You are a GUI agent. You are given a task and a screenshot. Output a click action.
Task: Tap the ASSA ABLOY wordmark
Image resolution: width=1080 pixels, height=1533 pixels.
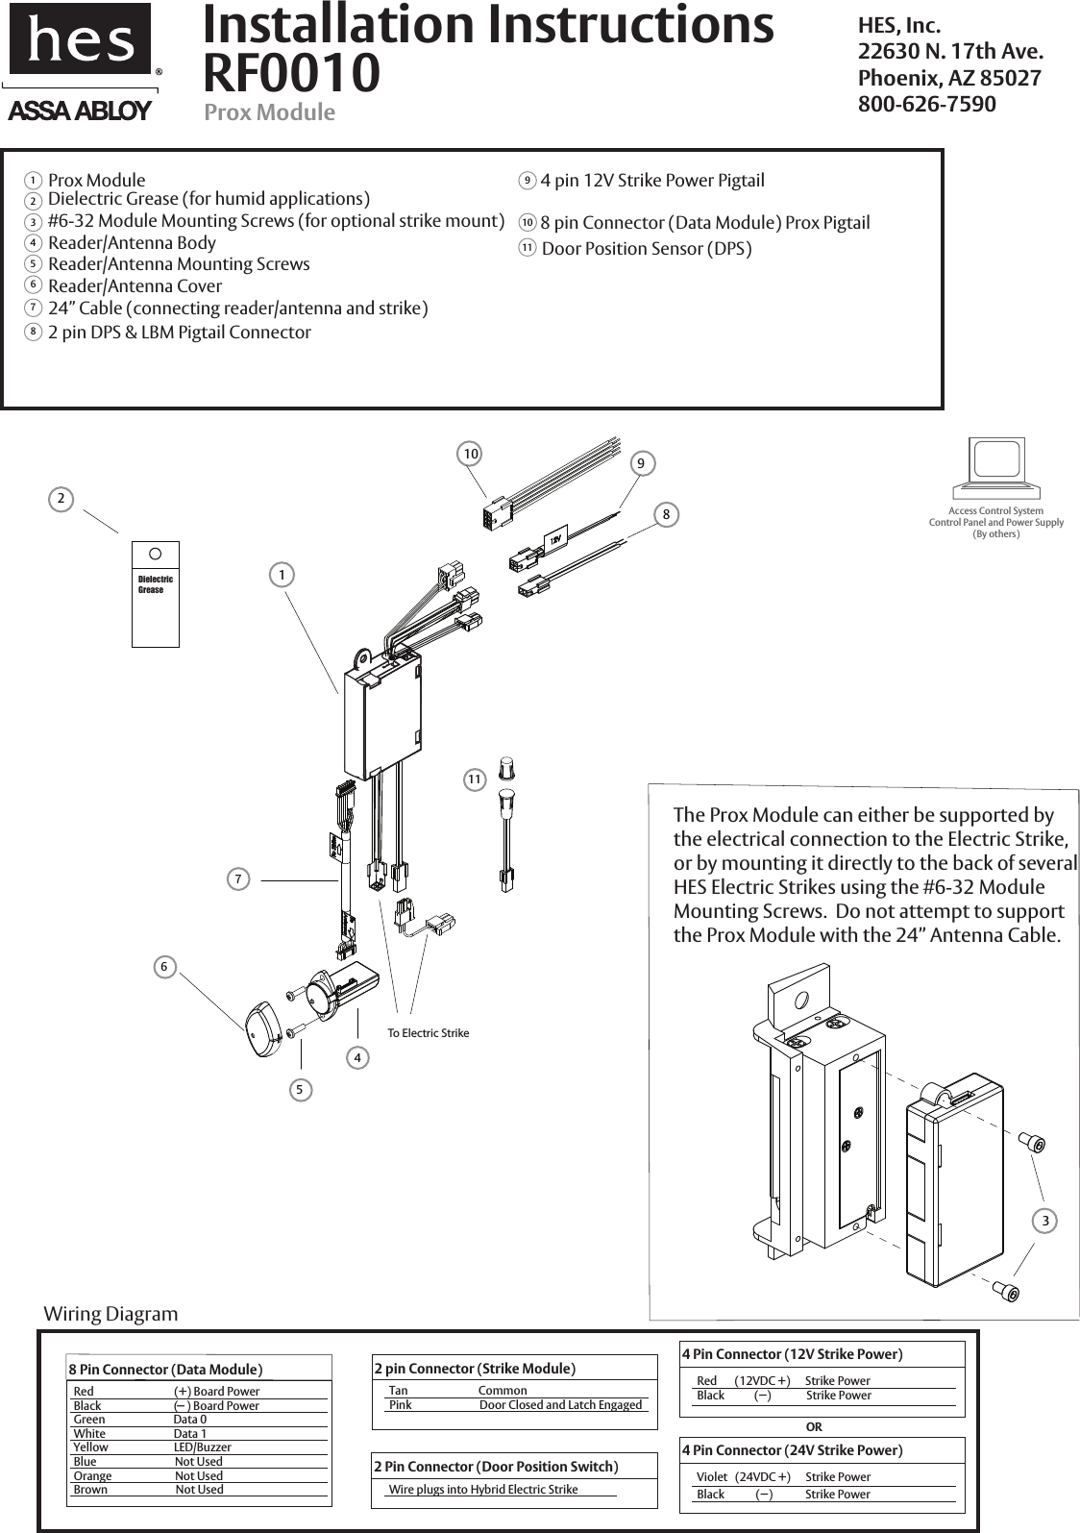(80, 111)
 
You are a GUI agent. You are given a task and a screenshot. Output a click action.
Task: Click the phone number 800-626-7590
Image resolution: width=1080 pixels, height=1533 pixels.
(926, 103)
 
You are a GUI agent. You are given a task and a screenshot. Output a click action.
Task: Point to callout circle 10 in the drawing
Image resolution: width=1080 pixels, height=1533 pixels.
(469, 453)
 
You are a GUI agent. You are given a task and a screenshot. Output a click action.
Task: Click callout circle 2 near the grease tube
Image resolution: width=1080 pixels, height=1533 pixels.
(61, 499)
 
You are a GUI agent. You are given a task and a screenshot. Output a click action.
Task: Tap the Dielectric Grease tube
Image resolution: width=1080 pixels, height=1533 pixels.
(156, 594)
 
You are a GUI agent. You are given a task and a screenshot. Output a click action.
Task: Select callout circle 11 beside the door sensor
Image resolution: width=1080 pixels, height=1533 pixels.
(474, 779)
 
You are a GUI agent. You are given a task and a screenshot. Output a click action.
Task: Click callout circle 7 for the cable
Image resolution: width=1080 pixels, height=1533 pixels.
(238, 878)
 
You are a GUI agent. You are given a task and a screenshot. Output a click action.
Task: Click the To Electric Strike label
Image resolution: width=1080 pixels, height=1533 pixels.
(428, 1033)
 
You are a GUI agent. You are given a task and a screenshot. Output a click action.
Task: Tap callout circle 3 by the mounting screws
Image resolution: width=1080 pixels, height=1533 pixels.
(1044, 1221)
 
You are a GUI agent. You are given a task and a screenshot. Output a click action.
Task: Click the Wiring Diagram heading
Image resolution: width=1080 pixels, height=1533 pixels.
(110, 1314)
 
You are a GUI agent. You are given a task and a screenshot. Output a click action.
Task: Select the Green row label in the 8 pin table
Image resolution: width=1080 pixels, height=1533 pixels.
(89, 1420)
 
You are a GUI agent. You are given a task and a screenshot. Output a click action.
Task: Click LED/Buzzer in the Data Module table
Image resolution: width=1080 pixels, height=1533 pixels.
(202, 1446)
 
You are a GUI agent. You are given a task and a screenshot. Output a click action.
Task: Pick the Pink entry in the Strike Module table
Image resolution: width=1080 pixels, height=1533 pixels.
(401, 1405)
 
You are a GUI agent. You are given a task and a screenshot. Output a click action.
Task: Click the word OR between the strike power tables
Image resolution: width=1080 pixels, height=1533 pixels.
(814, 1427)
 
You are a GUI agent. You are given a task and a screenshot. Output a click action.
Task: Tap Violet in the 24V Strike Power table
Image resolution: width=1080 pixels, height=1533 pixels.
(711, 1476)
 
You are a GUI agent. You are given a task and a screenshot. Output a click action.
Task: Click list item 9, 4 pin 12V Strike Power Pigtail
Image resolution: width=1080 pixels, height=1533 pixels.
(651, 181)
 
